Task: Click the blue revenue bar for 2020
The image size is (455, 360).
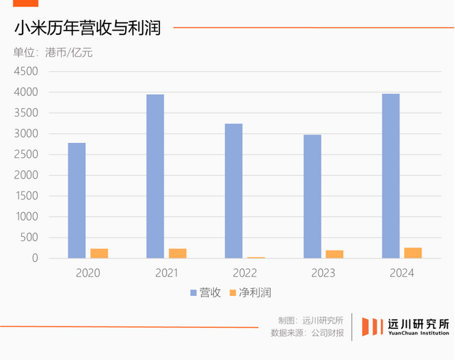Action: point(77,201)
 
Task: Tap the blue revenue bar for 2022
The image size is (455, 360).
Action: point(233,191)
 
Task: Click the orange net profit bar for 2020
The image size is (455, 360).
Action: point(100,253)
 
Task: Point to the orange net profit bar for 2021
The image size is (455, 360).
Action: point(178,253)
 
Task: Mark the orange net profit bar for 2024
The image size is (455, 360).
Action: point(413,253)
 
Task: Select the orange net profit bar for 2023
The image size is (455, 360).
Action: point(335,254)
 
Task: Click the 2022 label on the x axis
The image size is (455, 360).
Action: point(245,273)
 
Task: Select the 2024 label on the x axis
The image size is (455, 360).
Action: point(402,273)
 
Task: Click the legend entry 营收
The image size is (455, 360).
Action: point(205,292)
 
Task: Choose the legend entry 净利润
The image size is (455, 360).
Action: point(251,292)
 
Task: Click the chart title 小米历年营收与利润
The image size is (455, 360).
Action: point(87,28)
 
